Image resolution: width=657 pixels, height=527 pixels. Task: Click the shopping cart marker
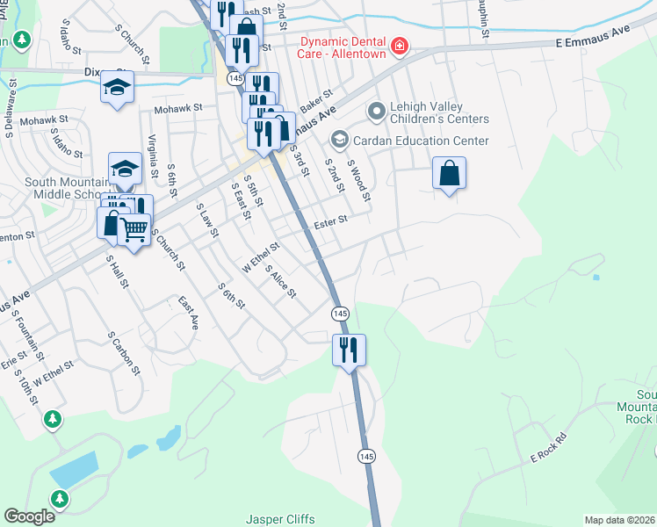click(x=134, y=231)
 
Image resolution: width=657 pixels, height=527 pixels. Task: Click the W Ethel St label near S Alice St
click(x=261, y=257)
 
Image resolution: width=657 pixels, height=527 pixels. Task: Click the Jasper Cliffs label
click(x=280, y=519)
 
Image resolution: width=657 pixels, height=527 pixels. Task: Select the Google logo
click(x=29, y=516)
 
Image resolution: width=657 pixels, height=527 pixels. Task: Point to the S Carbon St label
click(x=124, y=352)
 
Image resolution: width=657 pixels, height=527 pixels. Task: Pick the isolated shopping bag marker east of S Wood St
click(x=449, y=173)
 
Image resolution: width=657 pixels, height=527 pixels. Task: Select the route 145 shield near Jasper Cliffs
click(x=366, y=456)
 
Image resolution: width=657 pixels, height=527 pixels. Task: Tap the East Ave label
click(x=188, y=312)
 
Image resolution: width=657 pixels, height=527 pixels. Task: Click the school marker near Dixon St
click(x=117, y=87)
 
